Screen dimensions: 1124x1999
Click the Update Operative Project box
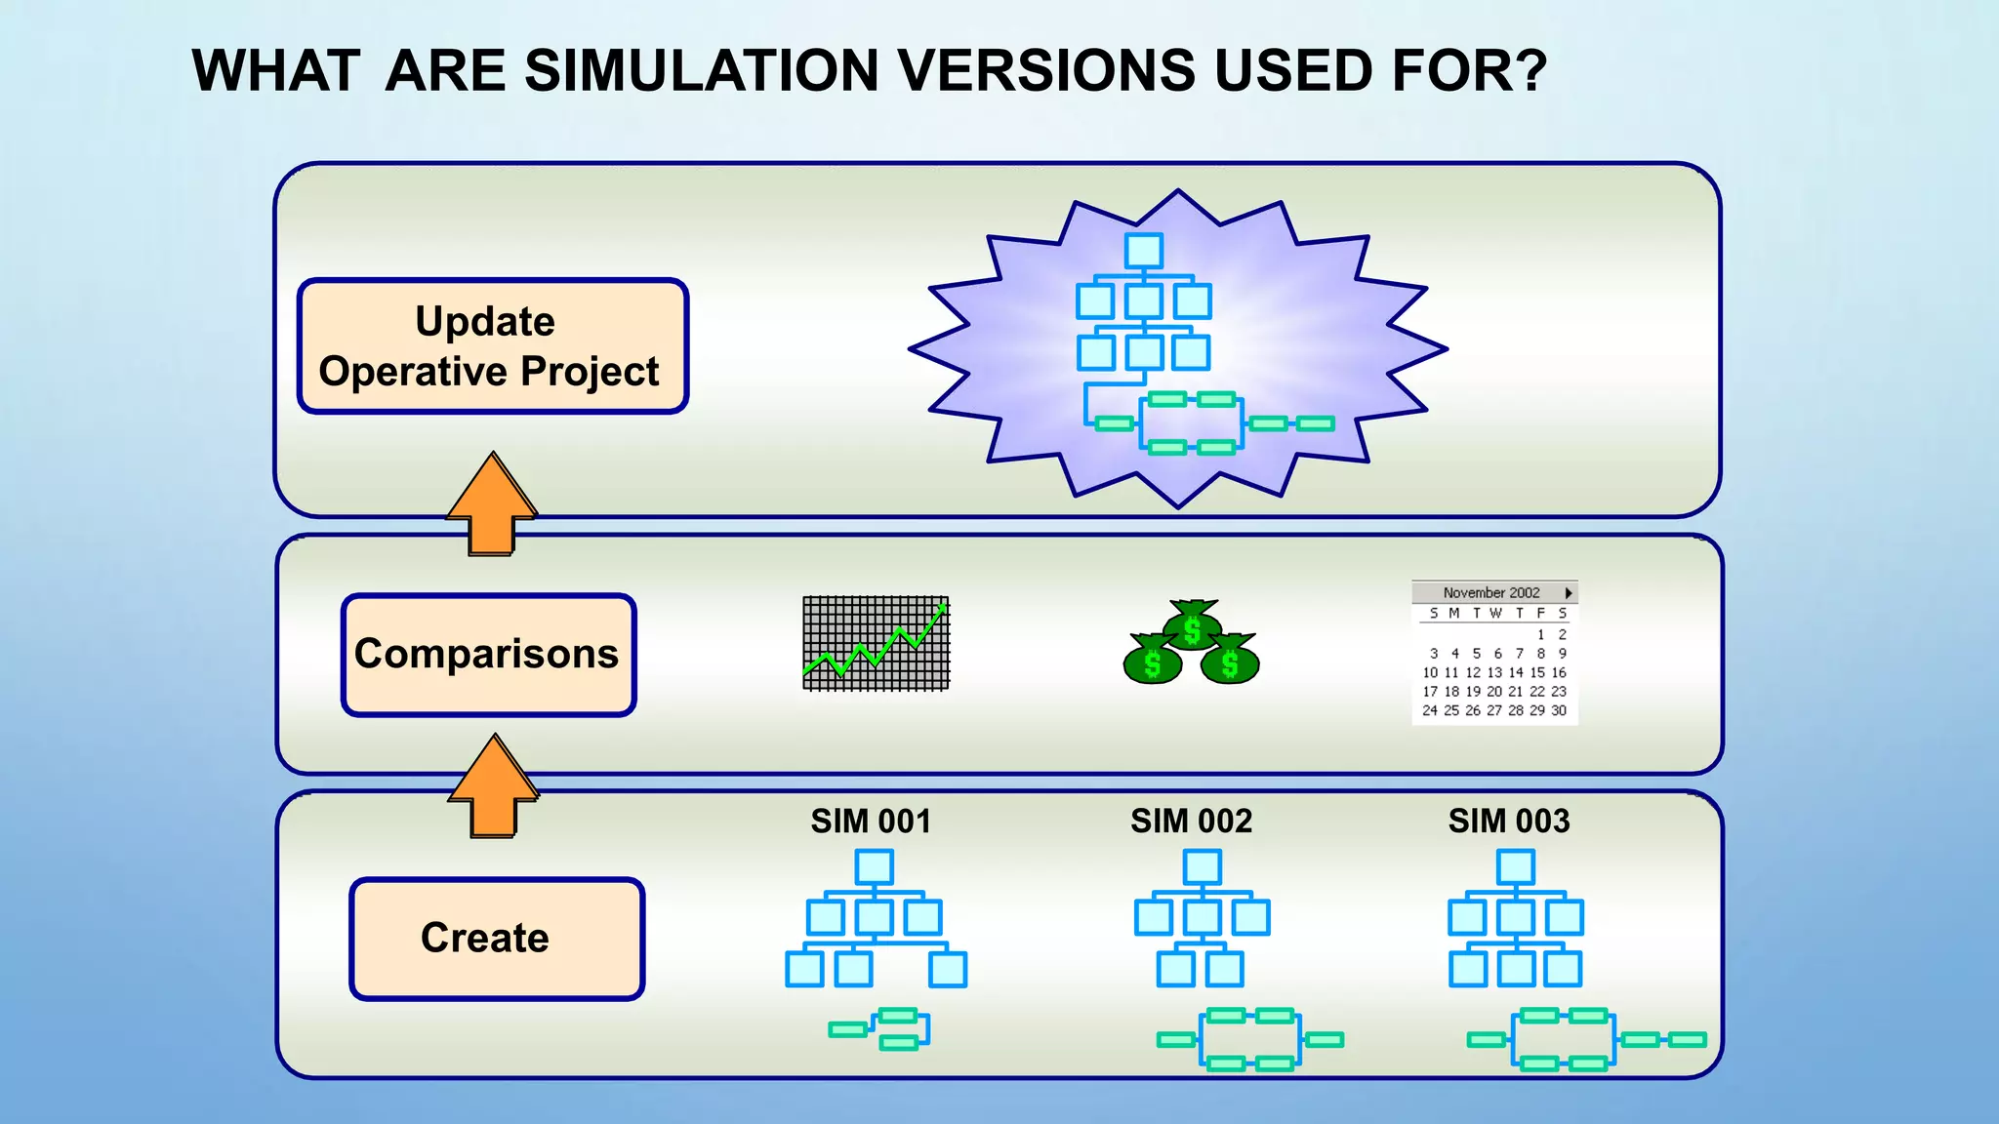[493, 346]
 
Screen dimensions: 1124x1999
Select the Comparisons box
[488, 655]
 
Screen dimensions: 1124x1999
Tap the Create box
[496, 939]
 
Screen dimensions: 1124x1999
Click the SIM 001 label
[871, 822]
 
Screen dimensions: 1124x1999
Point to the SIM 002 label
[1191, 822]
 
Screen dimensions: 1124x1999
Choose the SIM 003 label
[1509, 822]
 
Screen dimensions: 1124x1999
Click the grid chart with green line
[876, 643]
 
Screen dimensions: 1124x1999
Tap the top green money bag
[1192, 625]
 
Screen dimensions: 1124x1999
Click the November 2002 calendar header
[1490, 592]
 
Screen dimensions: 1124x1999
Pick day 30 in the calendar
[1559, 710]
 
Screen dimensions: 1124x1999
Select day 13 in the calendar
[1494, 672]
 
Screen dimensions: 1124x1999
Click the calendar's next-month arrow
[1568, 592]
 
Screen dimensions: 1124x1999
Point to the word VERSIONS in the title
[1045, 71]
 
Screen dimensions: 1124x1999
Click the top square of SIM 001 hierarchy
[874, 867]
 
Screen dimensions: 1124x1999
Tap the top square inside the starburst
[1143, 251]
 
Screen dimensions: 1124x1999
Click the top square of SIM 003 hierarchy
[1515, 867]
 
